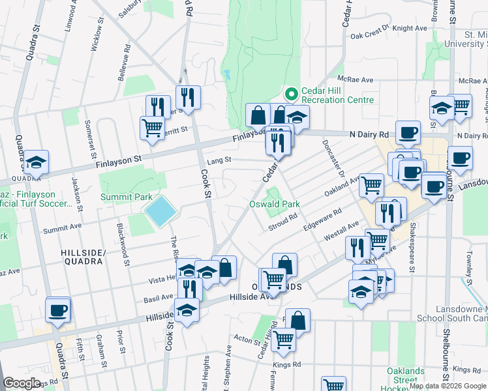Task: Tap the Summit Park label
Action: click(x=123, y=197)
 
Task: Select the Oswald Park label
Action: click(x=275, y=204)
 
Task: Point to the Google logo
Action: click(x=22, y=383)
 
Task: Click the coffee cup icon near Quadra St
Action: click(x=57, y=310)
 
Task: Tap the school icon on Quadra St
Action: click(x=36, y=162)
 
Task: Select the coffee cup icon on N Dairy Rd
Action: click(x=408, y=132)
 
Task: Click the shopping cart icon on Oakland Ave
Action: click(x=371, y=184)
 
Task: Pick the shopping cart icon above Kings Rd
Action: click(x=283, y=339)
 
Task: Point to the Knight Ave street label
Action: click(x=409, y=28)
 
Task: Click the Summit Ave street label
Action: click(x=62, y=230)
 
